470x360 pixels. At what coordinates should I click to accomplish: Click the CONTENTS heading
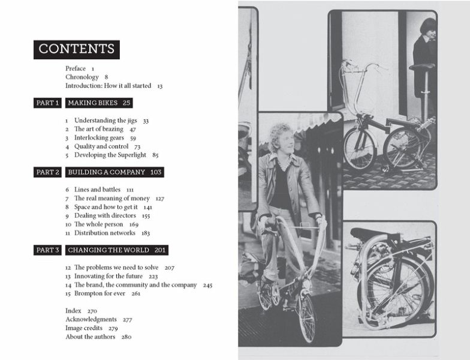click(77, 49)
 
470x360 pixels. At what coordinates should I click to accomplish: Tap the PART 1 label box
click(47, 103)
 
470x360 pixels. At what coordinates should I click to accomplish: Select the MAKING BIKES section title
click(92, 103)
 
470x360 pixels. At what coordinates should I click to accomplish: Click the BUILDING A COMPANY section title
click(107, 172)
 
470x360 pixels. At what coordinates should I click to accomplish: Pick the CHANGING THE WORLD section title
click(109, 250)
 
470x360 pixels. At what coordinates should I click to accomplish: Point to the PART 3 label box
click(47, 250)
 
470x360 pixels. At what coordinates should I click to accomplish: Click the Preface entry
click(76, 68)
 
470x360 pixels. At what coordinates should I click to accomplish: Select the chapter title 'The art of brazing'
click(98, 129)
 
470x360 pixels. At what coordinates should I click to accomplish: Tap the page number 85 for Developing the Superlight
click(155, 155)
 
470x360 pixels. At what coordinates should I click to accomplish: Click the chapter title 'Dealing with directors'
click(105, 216)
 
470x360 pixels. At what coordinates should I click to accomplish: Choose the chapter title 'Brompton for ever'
click(100, 293)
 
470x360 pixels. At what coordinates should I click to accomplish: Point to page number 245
click(207, 285)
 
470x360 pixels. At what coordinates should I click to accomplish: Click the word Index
click(73, 311)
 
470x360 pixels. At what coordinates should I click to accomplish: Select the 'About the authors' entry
click(90, 337)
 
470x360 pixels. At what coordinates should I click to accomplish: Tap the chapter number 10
click(68, 224)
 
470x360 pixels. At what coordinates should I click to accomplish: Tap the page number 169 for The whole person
click(134, 224)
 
